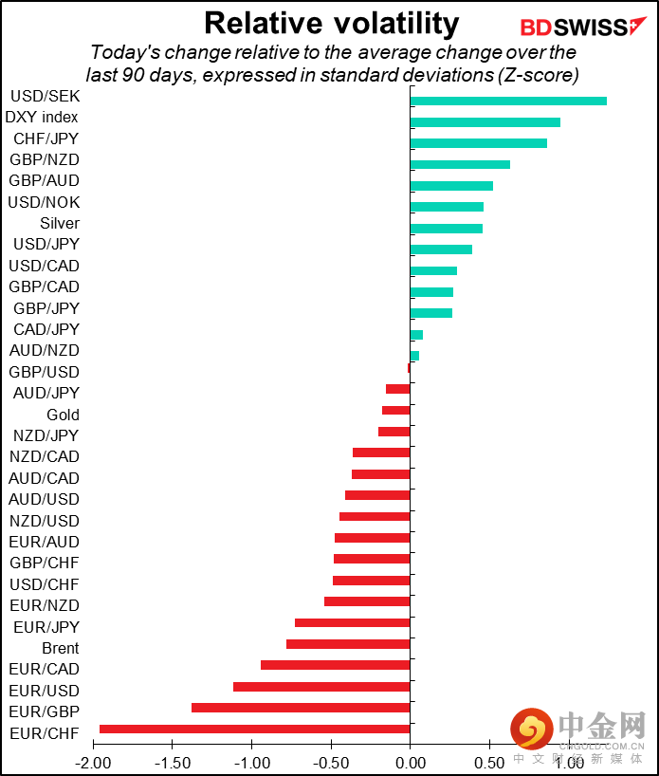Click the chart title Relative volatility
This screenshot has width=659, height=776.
(331, 23)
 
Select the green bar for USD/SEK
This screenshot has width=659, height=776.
(508, 101)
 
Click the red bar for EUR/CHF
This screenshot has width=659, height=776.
(254, 729)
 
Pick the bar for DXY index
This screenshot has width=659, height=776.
(485, 121)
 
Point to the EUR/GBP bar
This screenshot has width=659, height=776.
(301, 708)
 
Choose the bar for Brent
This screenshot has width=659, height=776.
(348, 644)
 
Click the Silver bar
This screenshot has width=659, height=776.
(446, 228)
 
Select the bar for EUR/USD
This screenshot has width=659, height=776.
(321, 687)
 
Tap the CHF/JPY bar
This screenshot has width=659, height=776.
(478, 143)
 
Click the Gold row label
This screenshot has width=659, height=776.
(63, 415)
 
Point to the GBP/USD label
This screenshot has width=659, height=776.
(44, 372)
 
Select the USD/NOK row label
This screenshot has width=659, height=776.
(44, 202)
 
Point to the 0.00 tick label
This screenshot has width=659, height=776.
(410, 762)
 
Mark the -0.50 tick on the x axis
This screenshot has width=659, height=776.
(331, 762)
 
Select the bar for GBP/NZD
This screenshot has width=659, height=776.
(460, 164)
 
